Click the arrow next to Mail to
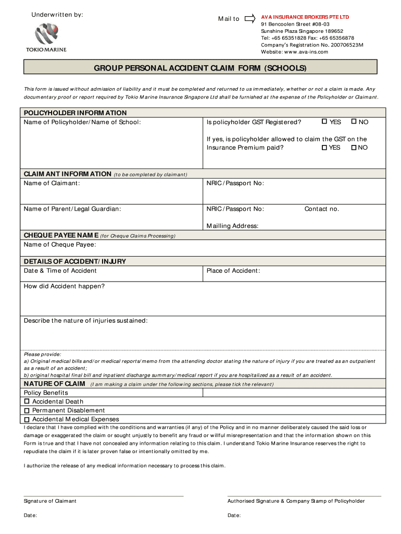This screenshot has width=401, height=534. pos(250,18)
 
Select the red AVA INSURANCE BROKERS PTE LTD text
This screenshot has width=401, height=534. pos(305,17)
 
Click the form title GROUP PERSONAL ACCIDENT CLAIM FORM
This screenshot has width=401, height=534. pos(200,68)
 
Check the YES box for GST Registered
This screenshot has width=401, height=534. pos(324,122)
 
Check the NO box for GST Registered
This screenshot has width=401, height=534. pos(354,122)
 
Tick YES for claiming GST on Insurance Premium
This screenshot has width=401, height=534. pos(324,148)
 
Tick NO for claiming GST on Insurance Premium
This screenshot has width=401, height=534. pos(354,148)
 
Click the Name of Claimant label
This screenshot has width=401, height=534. pos(52,183)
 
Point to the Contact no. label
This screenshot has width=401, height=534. pos(321,209)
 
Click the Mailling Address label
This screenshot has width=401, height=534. pos(232,226)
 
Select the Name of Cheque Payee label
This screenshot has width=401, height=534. pos(60,245)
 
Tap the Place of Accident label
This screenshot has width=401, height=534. pos(233,271)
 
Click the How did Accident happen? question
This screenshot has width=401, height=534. pos(64,286)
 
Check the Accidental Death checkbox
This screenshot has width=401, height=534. pos(27,402)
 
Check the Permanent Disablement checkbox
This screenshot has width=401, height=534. pos(27,410)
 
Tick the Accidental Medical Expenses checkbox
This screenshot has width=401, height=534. pos(27,419)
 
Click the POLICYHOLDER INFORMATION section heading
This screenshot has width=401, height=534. pos(75,113)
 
